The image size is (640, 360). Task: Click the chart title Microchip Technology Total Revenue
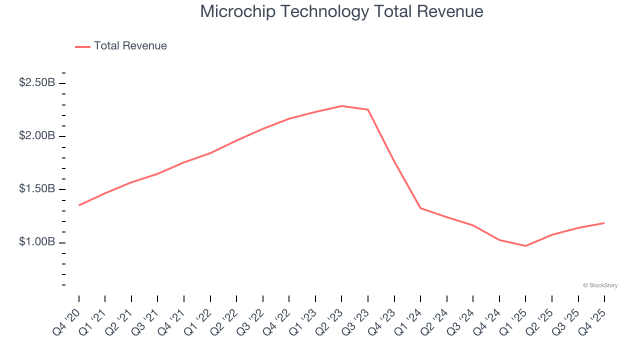click(x=341, y=11)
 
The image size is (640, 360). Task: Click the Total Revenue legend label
click(x=130, y=46)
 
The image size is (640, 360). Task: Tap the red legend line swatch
click(x=82, y=46)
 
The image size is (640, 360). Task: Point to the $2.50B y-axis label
click(x=37, y=82)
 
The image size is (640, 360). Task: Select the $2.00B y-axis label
click(x=37, y=136)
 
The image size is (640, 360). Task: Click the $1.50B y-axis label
click(x=37, y=189)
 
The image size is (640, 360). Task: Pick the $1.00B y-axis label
click(x=37, y=242)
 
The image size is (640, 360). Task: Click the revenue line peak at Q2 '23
click(x=341, y=106)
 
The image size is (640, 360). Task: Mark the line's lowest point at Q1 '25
click(x=525, y=245)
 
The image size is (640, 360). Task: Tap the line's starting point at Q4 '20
click(x=79, y=205)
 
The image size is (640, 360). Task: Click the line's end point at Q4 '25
click(x=604, y=223)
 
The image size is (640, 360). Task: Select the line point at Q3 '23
click(x=368, y=109)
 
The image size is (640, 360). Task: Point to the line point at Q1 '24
click(x=420, y=208)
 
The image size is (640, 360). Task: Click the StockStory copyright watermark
click(x=600, y=285)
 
